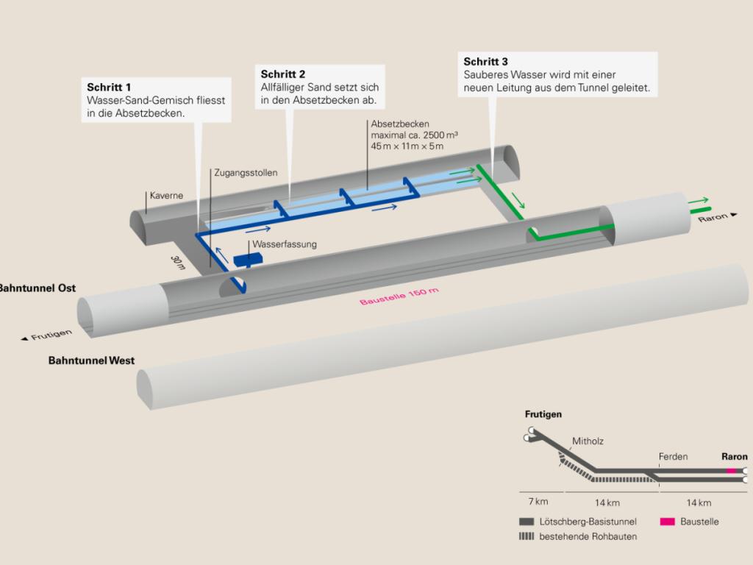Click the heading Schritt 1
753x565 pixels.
tap(109, 88)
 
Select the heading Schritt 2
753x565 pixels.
tap(283, 74)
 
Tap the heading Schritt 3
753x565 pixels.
tap(485, 62)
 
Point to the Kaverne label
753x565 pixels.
tap(166, 196)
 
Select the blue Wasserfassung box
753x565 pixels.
tap(248, 260)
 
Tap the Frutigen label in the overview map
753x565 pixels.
tap(543, 414)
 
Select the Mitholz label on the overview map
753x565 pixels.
tap(587, 442)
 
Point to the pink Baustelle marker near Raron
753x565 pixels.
tap(730, 470)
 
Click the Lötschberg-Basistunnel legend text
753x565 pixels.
tap(588, 522)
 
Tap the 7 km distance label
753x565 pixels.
tap(538, 502)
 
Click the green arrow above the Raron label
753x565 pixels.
tap(699, 199)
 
